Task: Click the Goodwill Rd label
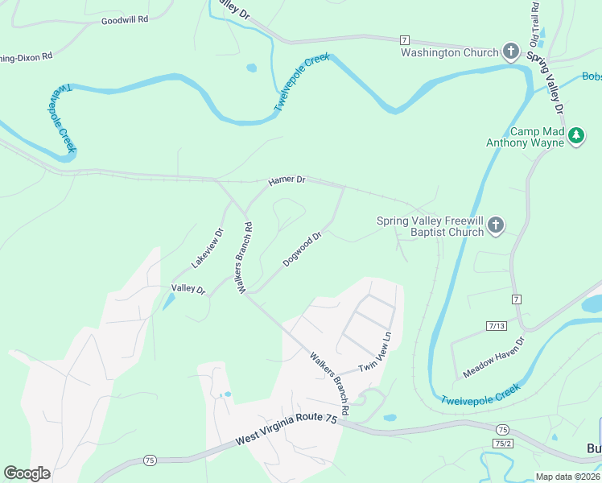click(125, 19)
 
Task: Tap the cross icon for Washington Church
click(510, 52)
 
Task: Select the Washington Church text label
click(451, 53)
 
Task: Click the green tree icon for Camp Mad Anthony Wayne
click(575, 136)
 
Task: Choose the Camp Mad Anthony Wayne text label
click(536, 137)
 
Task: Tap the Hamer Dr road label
click(287, 180)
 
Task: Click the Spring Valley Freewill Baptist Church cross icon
click(496, 225)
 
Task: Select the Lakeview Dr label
click(207, 248)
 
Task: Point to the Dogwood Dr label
click(303, 250)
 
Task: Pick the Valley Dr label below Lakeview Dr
click(188, 288)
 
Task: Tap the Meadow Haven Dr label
click(493, 358)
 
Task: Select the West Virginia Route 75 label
click(286, 430)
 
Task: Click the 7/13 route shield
click(497, 325)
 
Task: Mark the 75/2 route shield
click(503, 443)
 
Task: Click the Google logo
click(27, 473)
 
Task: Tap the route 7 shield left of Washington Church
click(404, 39)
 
